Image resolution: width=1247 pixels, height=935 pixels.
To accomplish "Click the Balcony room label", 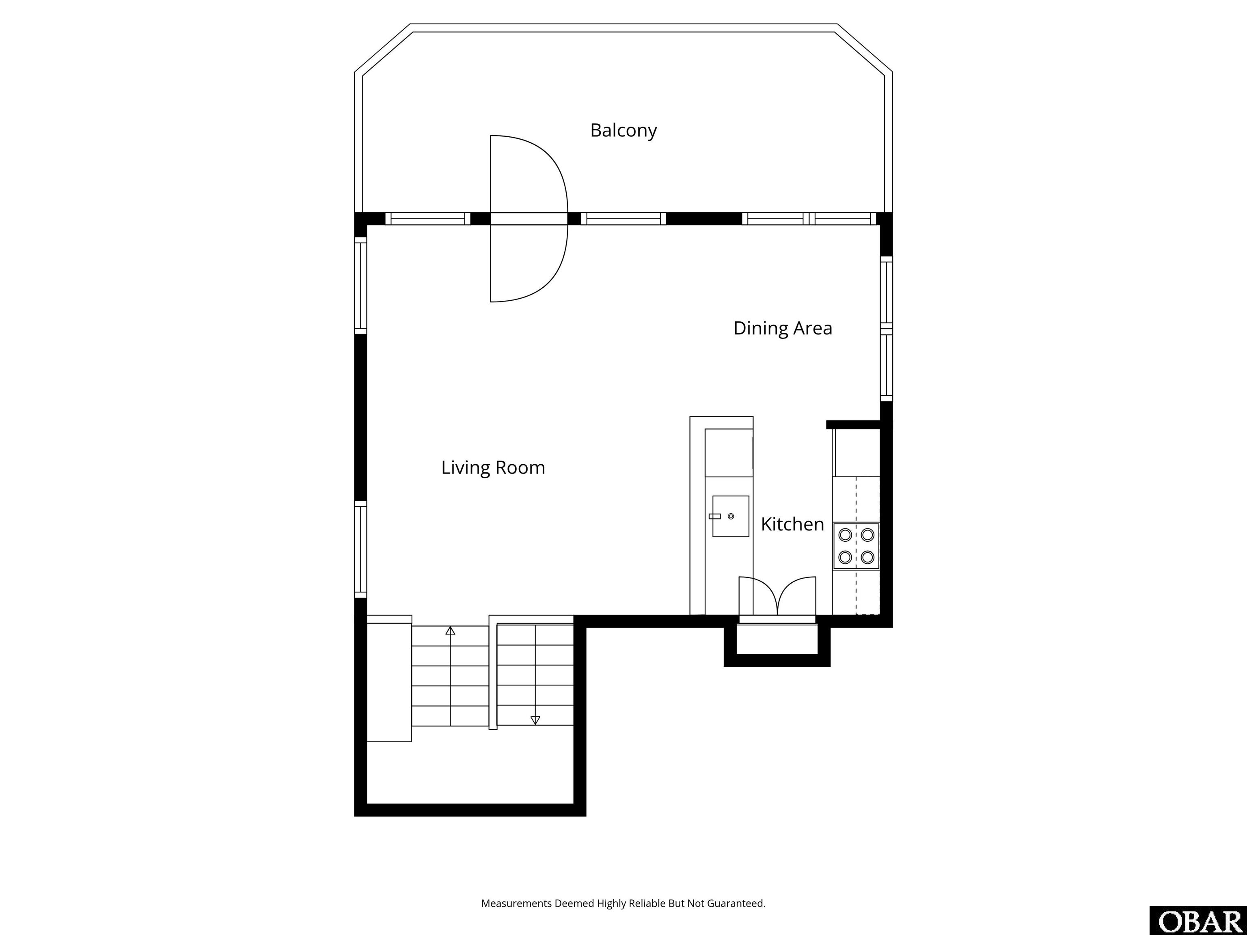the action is [623, 131].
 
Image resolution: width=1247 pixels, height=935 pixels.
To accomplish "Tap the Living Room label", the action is [493, 468].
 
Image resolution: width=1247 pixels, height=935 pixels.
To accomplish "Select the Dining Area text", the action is [783, 328].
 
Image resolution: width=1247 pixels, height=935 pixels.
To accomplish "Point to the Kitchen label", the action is [792, 524].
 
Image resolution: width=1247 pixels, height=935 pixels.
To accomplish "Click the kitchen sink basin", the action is [731, 516].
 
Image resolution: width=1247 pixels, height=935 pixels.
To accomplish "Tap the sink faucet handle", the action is [714, 516].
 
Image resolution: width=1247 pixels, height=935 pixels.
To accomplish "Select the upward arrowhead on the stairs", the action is [450, 631].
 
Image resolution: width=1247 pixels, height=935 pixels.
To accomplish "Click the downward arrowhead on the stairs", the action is [535, 720].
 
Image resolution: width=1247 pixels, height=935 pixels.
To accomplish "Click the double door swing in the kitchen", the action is [777, 596].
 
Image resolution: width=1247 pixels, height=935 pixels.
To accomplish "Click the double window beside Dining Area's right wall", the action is [886, 329].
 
